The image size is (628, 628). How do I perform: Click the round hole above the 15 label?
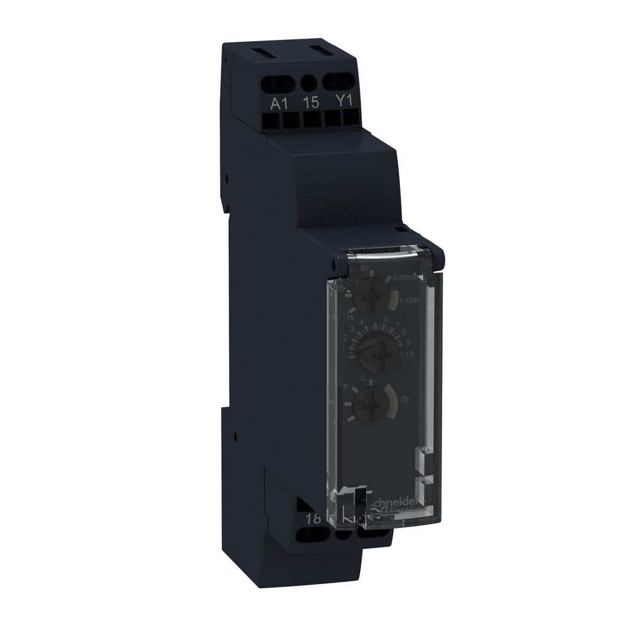click(x=311, y=81)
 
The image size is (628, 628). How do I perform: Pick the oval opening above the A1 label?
click(x=280, y=80)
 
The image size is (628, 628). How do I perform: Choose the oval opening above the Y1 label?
click(x=341, y=80)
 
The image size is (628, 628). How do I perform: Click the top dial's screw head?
click(x=368, y=299)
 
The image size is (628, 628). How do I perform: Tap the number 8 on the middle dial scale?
click(x=404, y=332)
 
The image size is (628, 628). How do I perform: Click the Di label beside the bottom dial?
click(x=405, y=399)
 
